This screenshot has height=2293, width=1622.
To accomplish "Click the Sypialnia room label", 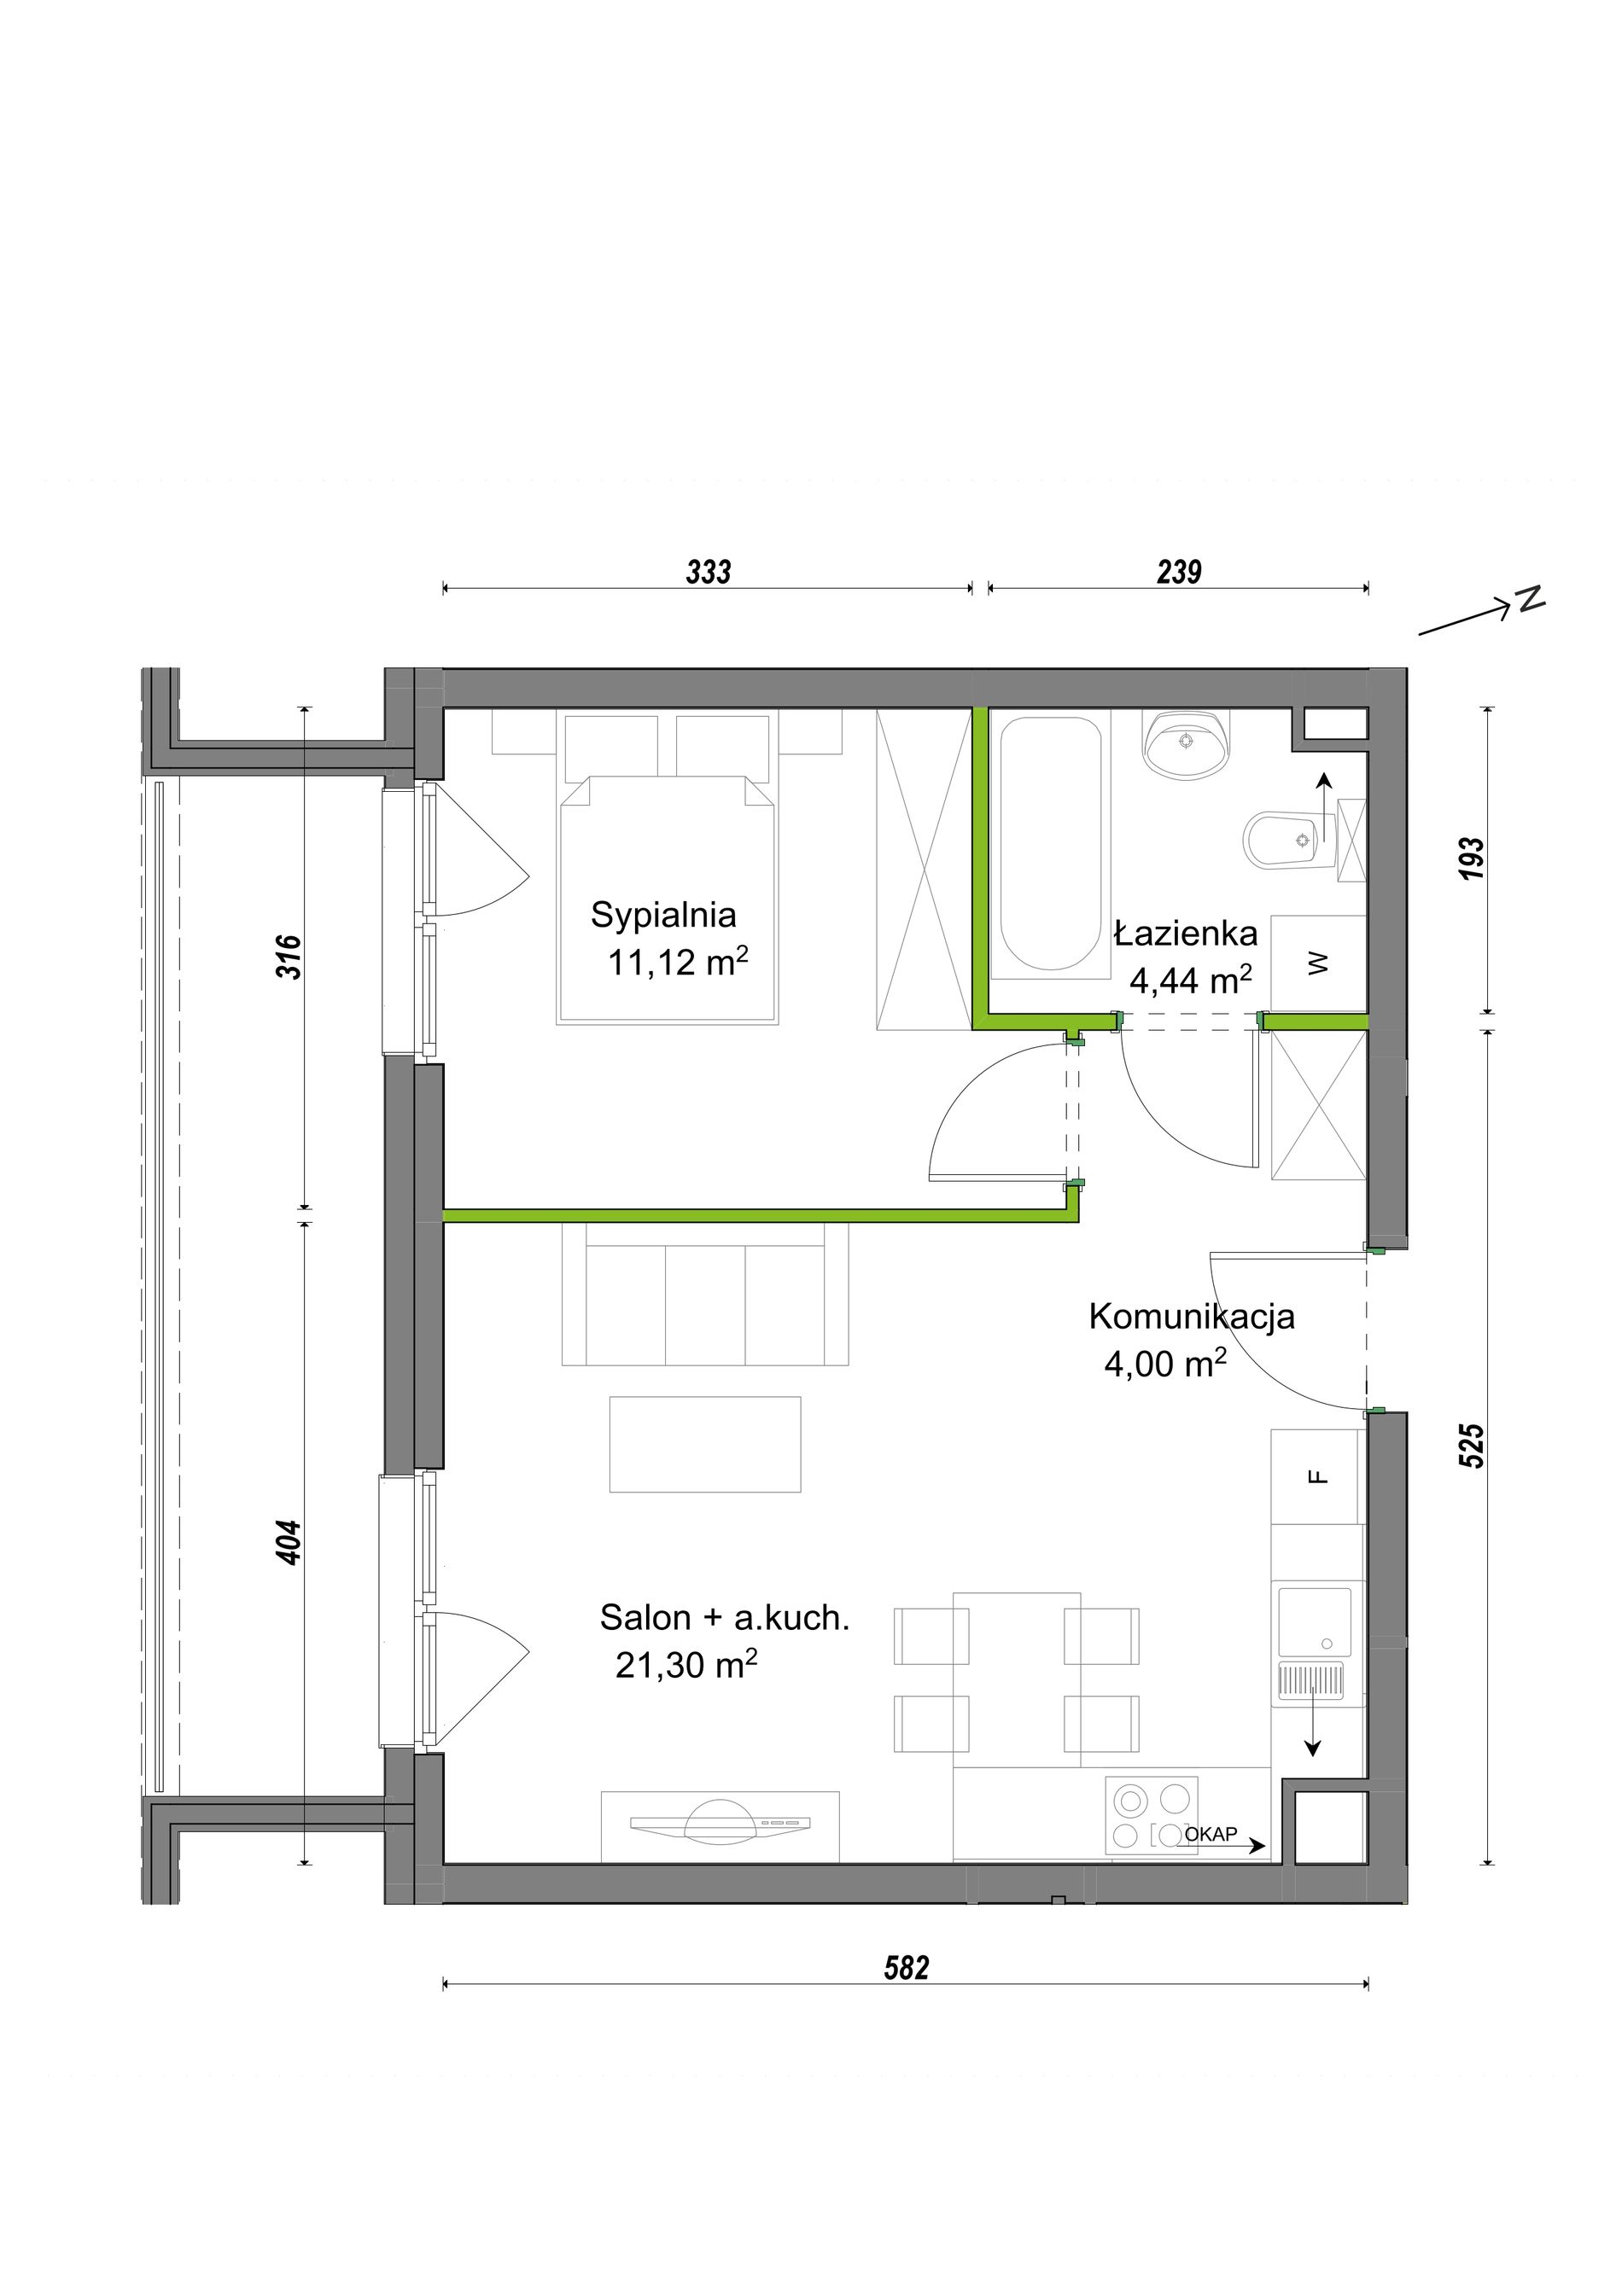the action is [x=663, y=915].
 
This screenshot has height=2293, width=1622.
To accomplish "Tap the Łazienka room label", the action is [x=1185, y=934].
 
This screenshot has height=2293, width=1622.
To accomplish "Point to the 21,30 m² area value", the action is [x=686, y=1664].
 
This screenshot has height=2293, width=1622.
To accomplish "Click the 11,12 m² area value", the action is [x=678, y=962].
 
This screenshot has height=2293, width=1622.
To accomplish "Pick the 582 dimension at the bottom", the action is [x=906, y=1967].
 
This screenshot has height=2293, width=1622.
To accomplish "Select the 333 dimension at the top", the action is [x=708, y=573].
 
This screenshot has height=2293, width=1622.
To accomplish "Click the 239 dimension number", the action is [x=1179, y=573].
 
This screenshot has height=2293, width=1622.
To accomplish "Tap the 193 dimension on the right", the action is [x=1473, y=858].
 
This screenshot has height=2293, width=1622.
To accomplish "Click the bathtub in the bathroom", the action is [x=1051, y=845].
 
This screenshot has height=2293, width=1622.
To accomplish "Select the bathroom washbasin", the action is [x=1187, y=744].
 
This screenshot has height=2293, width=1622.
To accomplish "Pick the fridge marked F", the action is [x=1317, y=1477].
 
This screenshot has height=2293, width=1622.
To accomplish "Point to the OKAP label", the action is [x=1211, y=1834].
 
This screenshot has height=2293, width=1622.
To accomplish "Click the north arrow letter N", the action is [x=1529, y=598].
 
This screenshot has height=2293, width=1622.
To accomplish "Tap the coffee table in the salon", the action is [x=705, y=1444].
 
